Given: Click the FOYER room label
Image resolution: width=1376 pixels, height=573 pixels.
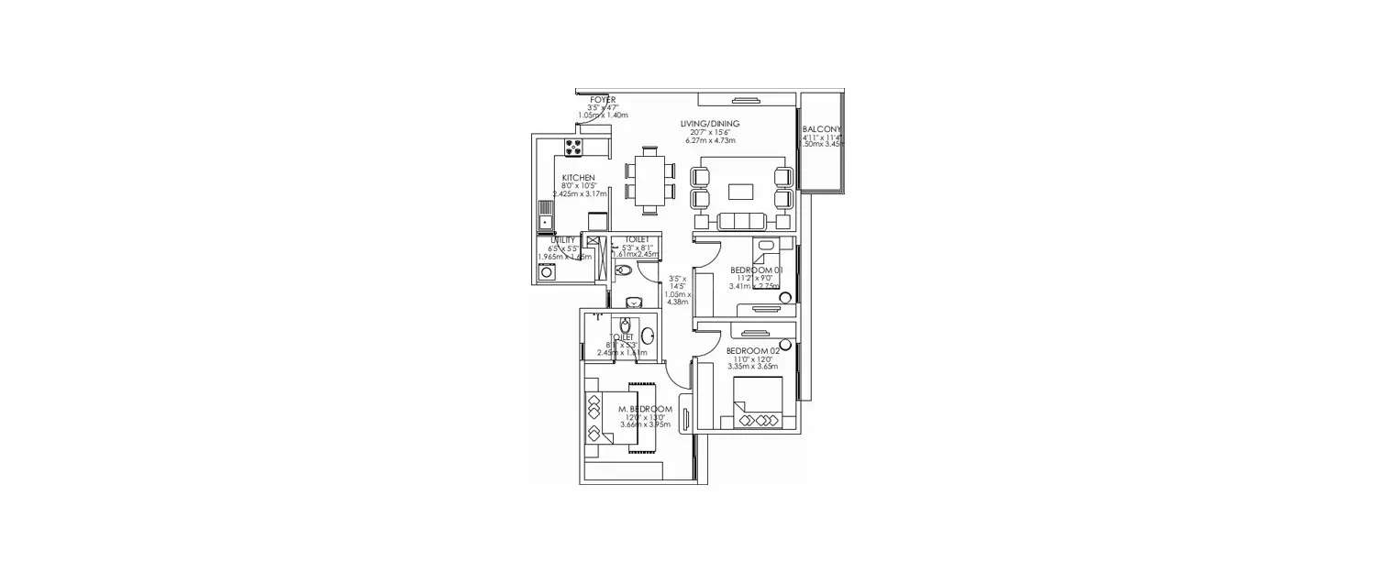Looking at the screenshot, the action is coord(603,99).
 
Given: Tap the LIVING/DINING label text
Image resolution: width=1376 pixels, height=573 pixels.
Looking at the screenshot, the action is coord(710,124).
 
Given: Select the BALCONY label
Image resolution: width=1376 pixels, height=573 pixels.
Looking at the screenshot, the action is coord(821,129).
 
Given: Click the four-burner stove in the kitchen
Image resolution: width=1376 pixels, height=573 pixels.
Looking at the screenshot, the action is coord(574,148).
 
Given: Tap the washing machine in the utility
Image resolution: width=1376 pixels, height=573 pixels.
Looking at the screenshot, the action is coord(547,271).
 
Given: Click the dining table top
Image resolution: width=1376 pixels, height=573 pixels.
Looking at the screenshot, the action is coord(650,181).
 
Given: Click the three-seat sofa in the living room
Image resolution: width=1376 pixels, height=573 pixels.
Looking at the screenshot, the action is coord(741,221).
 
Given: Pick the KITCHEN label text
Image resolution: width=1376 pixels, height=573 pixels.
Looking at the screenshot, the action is coord(579,178).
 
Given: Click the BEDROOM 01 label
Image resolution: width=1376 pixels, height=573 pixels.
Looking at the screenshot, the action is coord(756,270).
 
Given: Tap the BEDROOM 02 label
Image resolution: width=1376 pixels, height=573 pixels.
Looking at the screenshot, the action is coord(752,351).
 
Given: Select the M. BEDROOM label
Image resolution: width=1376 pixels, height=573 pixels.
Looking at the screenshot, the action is coord(645,409).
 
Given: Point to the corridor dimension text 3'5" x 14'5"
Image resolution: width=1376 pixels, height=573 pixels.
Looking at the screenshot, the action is coord(678,282).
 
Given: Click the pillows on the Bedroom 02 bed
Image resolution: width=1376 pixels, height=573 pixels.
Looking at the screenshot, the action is coord(760,421).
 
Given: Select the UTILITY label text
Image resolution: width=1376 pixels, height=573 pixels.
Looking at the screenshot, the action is coord(562,239).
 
